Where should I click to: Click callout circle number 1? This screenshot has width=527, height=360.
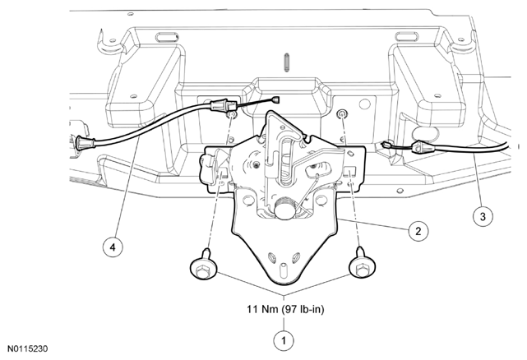pos(284,341)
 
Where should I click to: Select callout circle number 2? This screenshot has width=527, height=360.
pos(418,231)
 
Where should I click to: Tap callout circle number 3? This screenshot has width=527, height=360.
pos(483,216)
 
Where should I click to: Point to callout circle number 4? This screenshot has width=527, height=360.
pos(113,247)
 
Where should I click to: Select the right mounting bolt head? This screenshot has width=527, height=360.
pos(363,267)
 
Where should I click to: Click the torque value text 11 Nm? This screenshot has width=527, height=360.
pos(263,309)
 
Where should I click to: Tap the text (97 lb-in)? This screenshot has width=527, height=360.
pos(303,309)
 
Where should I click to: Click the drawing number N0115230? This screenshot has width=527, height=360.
pos(28,348)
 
